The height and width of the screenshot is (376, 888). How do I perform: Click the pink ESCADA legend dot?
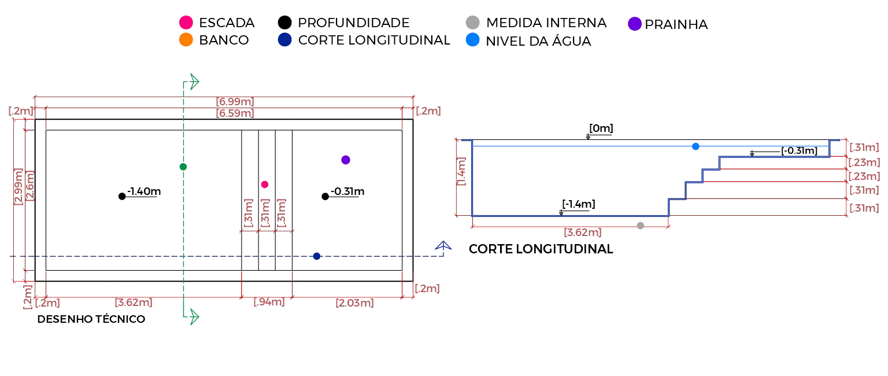pyautogui.click(x=186, y=23)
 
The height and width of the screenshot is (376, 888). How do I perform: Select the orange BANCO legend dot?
pyautogui.click(x=186, y=40)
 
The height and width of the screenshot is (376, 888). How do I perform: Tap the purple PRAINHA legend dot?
pyautogui.click(x=635, y=24)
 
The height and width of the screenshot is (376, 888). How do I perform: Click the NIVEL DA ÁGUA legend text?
pyautogui.click(x=538, y=41)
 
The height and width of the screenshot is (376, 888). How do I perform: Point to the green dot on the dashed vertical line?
pyautogui.click(x=183, y=167)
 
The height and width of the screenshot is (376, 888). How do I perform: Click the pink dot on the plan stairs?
pyautogui.click(x=265, y=185)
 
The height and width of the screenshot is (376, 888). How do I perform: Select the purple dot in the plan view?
pyautogui.click(x=346, y=160)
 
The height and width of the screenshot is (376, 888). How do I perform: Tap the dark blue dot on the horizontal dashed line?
pyautogui.click(x=317, y=256)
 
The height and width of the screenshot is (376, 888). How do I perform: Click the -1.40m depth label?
pyautogui.click(x=144, y=191)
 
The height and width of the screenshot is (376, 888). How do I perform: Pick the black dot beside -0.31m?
pyautogui.click(x=325, y=196)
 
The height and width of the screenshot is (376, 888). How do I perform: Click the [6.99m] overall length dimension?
pyautogui.click(x=235, y=102)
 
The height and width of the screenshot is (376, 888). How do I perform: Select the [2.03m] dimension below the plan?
pyautogui.click(x=355, y=303)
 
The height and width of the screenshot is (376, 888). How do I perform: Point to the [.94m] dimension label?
pyautogui.click(x=269, y=302)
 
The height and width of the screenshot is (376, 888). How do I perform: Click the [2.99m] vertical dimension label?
pyautogui.click(x=18, y=186)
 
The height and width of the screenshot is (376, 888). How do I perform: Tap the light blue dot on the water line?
pyautogui.click(x=695, y=146)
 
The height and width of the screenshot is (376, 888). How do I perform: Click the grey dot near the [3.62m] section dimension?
pyautogui.click(x=641, y=226)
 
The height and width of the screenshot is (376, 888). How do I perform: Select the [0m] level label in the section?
pyautogui.click(x=601, y=128)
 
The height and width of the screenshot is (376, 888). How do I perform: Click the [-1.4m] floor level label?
pyautogui.click(x=579, y=204)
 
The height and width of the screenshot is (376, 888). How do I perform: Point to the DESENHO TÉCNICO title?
pyautogui.click(x=91, y=319)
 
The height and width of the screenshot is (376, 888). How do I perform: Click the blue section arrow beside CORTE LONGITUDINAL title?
pyautogui.click(x=443, y=246)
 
